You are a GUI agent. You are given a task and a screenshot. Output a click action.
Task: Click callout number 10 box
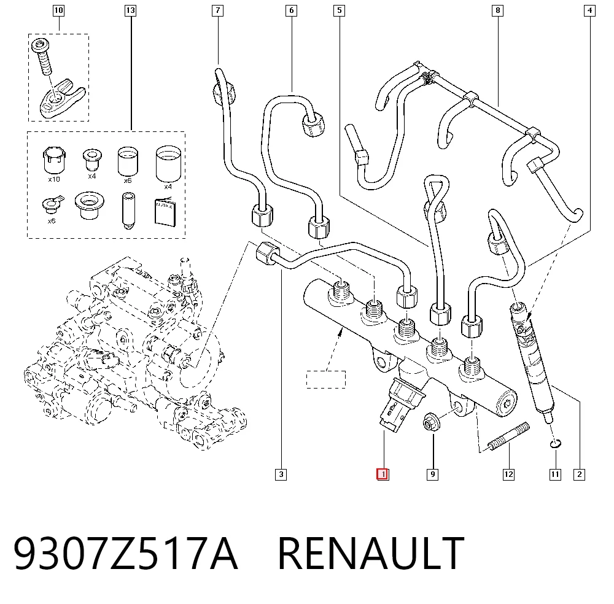[x=58, y=10]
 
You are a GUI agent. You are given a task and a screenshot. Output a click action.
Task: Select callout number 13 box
[x=130, y=10]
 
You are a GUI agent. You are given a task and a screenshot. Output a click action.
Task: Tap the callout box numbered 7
[x=218, y=10]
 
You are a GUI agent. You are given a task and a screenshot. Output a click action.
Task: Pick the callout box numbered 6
[x=291, y=10]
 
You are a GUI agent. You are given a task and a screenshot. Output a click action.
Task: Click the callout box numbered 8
[x=498, y=10]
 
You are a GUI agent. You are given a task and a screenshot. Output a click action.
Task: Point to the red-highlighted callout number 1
[x=383, y=474]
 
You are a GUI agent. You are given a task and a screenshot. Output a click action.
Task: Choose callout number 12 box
[x=508, y=474]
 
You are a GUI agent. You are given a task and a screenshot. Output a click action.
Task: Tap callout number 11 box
[x=555, y=474]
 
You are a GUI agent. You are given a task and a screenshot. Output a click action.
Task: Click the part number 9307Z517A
[x=126, y=553]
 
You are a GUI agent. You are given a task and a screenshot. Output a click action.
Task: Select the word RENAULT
[x=371, y=553]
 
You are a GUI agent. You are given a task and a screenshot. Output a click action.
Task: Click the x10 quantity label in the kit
[x=54, y=179]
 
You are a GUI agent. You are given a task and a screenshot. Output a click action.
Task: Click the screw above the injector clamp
[x=44, y=56]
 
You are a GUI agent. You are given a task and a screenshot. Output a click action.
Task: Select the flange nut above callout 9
[x=432, y=422]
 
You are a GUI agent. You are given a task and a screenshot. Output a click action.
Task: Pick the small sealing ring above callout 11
[x=555, y=444]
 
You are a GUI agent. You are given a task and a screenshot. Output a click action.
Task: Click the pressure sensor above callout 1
[x=402, y=404]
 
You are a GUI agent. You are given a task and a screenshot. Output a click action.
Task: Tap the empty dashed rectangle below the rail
[x=326, y=379]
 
